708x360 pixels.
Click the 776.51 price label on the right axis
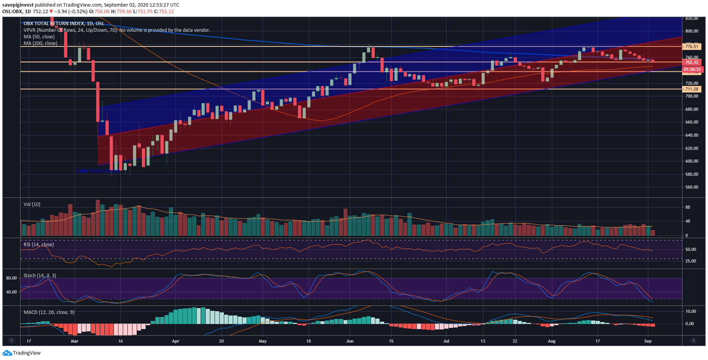692,46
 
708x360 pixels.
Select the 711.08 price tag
692,89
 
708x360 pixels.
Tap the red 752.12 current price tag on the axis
692,62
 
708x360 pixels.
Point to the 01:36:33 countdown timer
692,70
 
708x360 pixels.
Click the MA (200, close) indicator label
40,43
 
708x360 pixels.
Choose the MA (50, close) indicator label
39,37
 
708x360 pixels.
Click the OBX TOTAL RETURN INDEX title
64,24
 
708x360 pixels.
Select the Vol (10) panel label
32,204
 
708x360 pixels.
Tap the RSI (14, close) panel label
39,245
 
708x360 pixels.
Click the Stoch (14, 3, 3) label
40,276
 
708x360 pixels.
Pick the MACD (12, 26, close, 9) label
49,312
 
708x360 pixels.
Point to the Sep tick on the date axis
648,341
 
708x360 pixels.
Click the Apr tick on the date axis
175,341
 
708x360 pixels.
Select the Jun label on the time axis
350,341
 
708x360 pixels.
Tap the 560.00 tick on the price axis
692,187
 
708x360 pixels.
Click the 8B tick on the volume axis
688,207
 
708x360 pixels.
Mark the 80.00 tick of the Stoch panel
11,278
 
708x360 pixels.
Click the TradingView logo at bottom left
22,353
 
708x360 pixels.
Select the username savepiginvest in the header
18,5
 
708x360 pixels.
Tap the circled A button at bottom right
693,340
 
